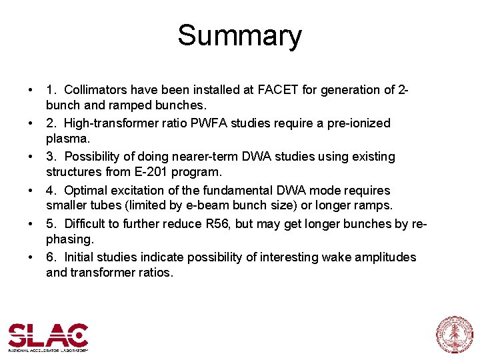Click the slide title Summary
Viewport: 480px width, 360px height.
239,36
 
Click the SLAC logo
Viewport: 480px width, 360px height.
48,337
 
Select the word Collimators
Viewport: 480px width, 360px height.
95,89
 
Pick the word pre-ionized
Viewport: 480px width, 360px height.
357,123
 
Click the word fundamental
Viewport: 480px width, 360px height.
233,190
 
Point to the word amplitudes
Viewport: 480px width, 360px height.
383,257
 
